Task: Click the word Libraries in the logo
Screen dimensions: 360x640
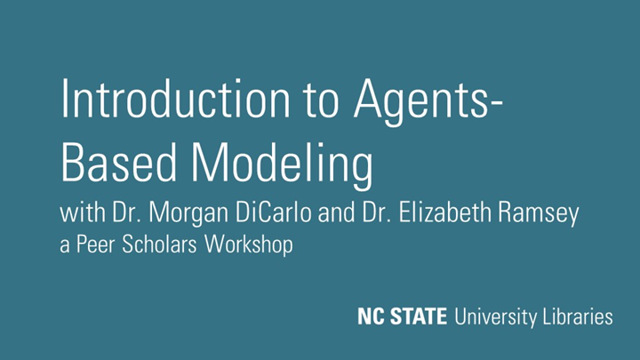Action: pyautogui.click(x=577, y=316)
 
